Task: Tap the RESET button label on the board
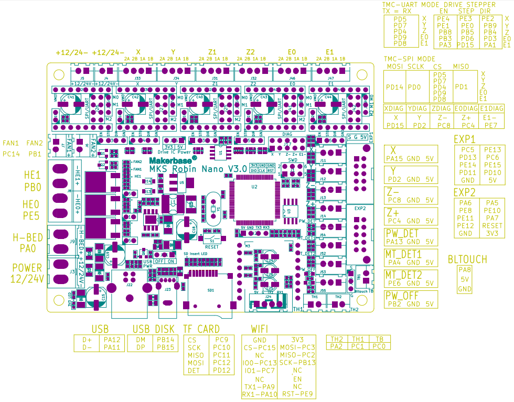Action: point(212,246)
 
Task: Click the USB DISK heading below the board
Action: point(153,329)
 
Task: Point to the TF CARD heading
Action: point(201,329)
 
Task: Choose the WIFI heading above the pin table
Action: point(261,329)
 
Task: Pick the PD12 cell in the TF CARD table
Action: point(222,371)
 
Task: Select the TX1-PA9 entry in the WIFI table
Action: point(259,387)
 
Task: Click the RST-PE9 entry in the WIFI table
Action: point(297,394)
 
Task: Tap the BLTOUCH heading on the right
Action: point(467,259)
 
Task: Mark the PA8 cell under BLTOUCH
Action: point(465,270)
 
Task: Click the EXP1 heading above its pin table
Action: point(464,139)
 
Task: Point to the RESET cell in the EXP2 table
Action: point(492,226)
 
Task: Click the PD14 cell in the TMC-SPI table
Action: point(393,88)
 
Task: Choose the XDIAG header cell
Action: point(395,108)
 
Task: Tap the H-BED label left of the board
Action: point(26,237)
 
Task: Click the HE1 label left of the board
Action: point(31,175)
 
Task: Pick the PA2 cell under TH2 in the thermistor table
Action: point(337,346)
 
